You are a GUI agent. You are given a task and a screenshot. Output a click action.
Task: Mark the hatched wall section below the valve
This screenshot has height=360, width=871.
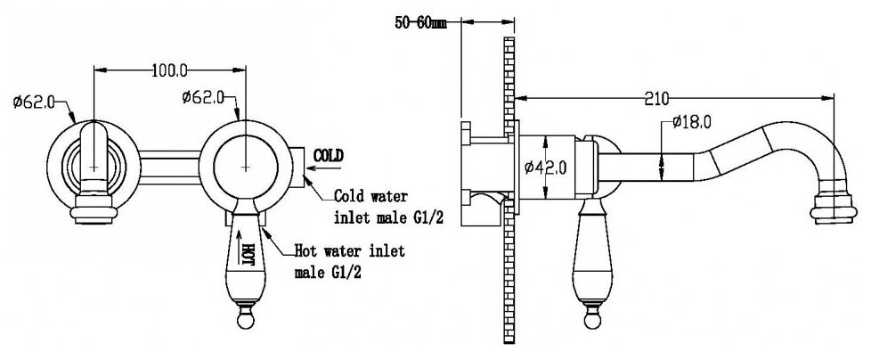point(509,285)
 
